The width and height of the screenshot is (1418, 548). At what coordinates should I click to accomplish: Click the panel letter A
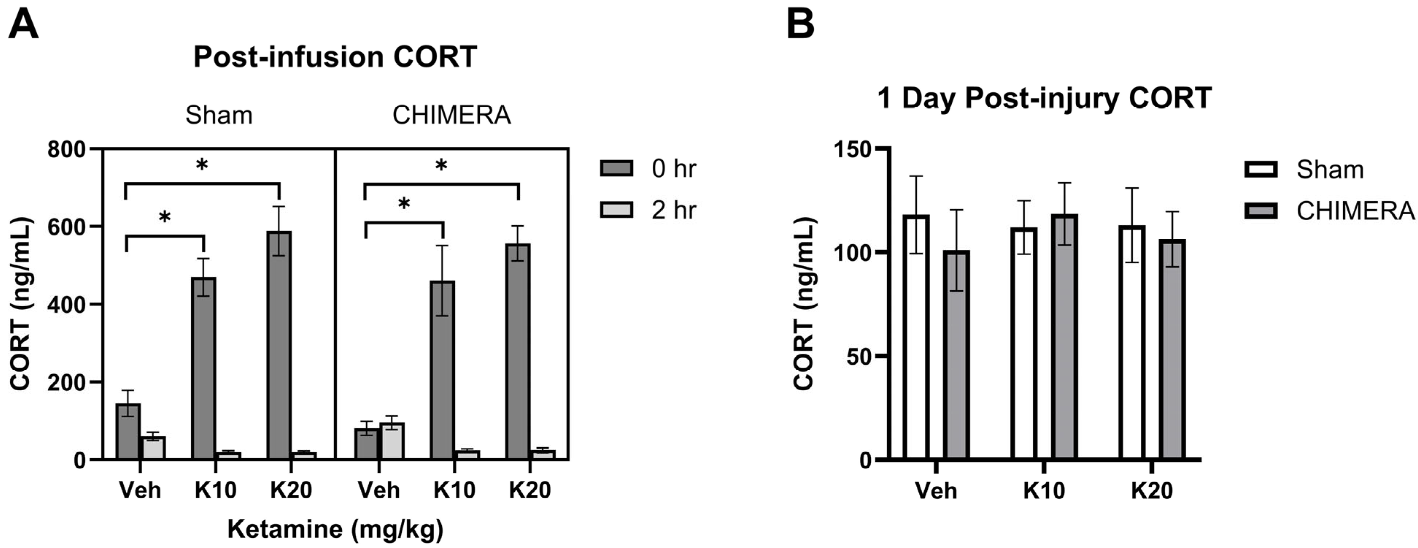[24, 26]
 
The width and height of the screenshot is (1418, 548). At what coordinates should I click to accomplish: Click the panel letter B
[800, 26]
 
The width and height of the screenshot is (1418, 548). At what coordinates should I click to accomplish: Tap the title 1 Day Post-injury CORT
[1044, 99]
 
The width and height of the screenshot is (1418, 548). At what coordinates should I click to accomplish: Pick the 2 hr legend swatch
[617, 210]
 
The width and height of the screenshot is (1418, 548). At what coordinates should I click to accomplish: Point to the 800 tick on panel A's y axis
[67, 150]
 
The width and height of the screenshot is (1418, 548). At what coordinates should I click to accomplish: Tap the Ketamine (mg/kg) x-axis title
[335, 529]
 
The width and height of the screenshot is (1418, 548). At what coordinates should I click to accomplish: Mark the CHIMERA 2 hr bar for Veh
[392, 441]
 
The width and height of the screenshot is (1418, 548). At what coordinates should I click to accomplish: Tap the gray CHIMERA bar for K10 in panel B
[1065, 337]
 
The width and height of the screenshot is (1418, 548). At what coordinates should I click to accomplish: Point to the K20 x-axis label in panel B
[1152, 491]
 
